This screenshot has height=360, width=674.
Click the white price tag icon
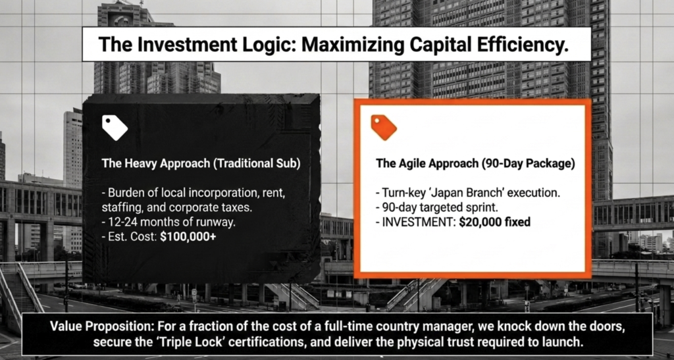115,128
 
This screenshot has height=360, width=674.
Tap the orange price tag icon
384,128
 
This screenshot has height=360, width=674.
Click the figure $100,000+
188,237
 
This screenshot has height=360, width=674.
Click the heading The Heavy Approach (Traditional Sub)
201,164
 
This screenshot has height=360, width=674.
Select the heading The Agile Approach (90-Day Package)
475,164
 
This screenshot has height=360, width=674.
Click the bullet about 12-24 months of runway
169,222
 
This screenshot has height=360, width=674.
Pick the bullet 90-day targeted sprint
437,207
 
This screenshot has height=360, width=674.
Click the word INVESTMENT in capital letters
416,222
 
